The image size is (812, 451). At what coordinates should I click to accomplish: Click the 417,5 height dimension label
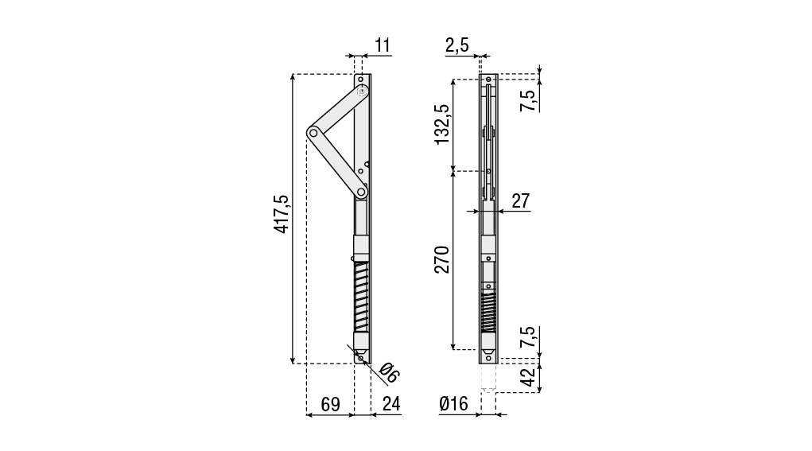click(x=281, y=215)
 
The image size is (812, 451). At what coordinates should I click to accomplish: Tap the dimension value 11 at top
click(x=383, y=45)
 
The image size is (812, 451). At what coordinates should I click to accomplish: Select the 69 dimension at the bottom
click(x=331, y=404)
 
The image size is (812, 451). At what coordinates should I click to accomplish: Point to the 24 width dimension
click(x=391, y=404)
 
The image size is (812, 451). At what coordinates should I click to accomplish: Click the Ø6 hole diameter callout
click(x=389, y=372)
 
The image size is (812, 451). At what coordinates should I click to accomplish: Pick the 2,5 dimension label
click(x=457, y=45)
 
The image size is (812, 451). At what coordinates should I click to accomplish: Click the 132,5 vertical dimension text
click(x=442, y=123)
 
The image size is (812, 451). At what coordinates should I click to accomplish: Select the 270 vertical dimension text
click(x=442, y=260)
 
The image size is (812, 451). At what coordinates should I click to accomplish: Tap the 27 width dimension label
click(x=520, y=200)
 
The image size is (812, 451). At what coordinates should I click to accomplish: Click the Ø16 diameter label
click(x=453, y=404)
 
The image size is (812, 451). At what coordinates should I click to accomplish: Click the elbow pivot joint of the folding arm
click(x=314, y=133)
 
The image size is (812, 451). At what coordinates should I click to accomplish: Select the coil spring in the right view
click(x=488, y=312)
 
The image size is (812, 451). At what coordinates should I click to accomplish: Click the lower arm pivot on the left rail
click(x=362, y=192)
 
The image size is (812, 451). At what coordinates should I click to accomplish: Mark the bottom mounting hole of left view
click(x=361, y=358)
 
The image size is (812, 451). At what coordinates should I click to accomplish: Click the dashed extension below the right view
click(x=489, y=377)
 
